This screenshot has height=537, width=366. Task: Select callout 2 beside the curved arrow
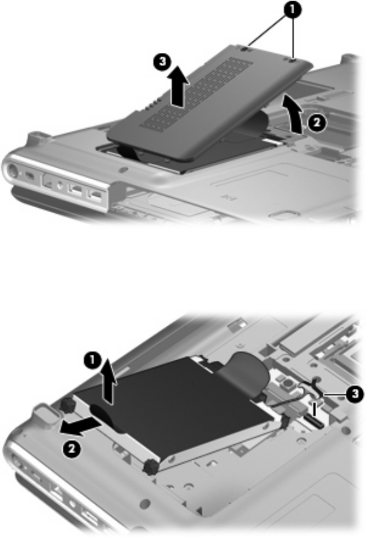coord(317,123)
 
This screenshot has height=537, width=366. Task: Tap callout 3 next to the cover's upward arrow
coord(163,63)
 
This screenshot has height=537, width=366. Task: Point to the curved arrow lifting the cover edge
coord(293,113)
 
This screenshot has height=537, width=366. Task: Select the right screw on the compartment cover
coord(292,61)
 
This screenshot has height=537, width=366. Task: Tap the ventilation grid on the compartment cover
coord(203,91)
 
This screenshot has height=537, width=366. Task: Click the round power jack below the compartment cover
coord(12,170)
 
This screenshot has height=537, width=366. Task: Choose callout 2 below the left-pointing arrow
coord(71,450)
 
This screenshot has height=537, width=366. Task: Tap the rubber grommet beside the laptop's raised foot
coord(66,406)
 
